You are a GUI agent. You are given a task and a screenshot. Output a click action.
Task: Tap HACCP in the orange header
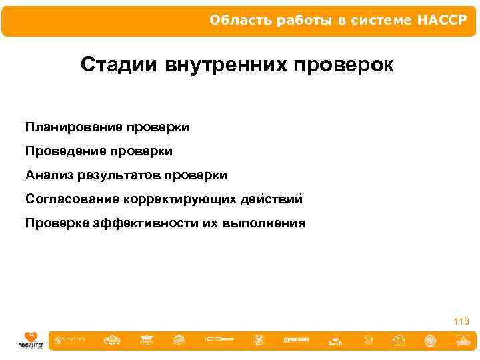(443, 20)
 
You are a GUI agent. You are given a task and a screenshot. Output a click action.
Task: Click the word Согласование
(72, 199)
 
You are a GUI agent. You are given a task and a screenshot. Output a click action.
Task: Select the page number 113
(461, 321)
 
